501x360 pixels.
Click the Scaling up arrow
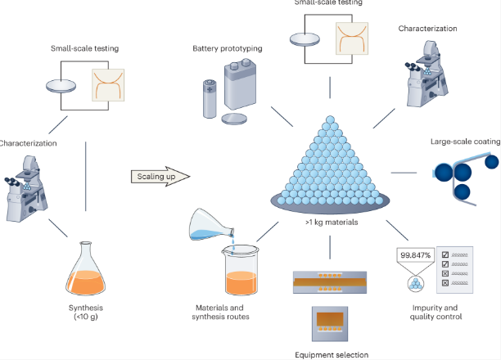[159, 175]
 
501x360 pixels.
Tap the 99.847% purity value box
[413, 256]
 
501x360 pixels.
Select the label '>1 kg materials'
[330, 220]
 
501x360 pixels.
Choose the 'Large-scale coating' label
[465, 142]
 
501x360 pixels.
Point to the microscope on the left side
[25, 188]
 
